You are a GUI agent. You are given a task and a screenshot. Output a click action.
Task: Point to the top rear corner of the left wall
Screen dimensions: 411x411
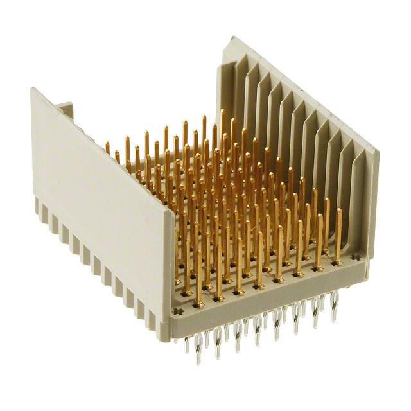click(x=32, y=90)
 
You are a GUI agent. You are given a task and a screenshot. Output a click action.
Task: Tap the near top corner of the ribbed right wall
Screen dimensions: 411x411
click(x=376, y=153)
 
